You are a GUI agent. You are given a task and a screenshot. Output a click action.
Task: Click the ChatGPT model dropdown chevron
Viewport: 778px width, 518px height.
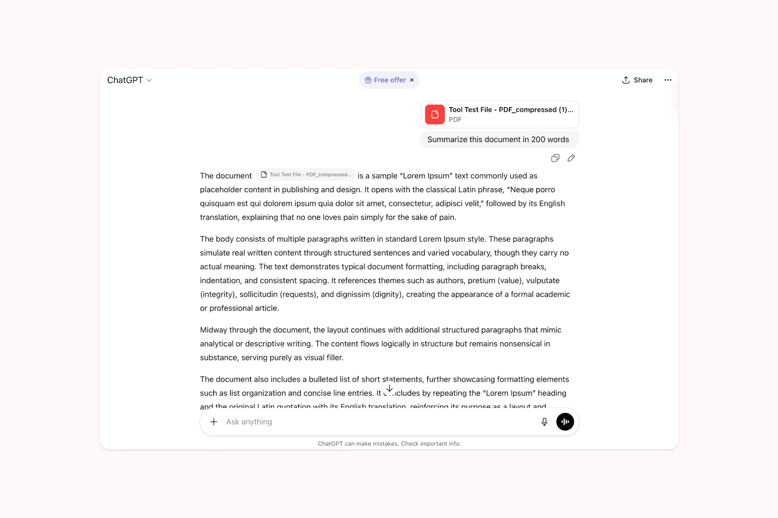pyautogui.click(x=149, y=80)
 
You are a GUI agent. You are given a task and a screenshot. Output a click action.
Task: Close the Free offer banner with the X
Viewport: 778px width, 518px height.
pyautogui.click(x=412, y=80)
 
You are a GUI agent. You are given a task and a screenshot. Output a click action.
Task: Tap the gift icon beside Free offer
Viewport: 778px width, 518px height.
pyautogui.click(x=368, y=80)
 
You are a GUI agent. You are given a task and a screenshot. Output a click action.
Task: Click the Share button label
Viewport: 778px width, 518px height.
pyautogui.click(x=643, y=80)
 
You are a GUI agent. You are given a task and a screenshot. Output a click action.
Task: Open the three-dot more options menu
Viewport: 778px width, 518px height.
pyautogui.click(x=667, y=80)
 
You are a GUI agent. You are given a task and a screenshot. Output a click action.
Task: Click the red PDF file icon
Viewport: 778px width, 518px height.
pyautogui.click(x=434, y=114)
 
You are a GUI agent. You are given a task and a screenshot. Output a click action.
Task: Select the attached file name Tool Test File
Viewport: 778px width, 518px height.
pyautogui.click(x=511, y=110)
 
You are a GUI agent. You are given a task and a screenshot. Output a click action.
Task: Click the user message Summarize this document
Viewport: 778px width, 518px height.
pyautogui.click(x=498, y=139)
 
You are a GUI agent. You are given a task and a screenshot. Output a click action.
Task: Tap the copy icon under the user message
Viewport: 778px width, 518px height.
pyautogui.click(x=555, y=158)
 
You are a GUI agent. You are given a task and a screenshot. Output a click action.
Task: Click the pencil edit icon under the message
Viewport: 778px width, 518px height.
pyautogui.click(x=571, y=158)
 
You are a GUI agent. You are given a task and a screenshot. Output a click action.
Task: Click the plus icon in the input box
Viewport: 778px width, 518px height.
pyautogui.click(x=214, y=422)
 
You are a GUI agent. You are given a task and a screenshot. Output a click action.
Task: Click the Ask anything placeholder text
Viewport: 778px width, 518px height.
pyautogui.click(x=249, y=422)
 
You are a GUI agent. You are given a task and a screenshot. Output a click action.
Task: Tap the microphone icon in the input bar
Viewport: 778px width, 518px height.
pyautogui.click(x=544, y=422)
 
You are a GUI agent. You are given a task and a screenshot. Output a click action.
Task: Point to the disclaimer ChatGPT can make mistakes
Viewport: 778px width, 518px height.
pyautogui.click(x=389, y=444)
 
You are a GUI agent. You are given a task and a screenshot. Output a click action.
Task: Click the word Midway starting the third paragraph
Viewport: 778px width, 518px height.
pyautogui.click(x=213, y=330)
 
